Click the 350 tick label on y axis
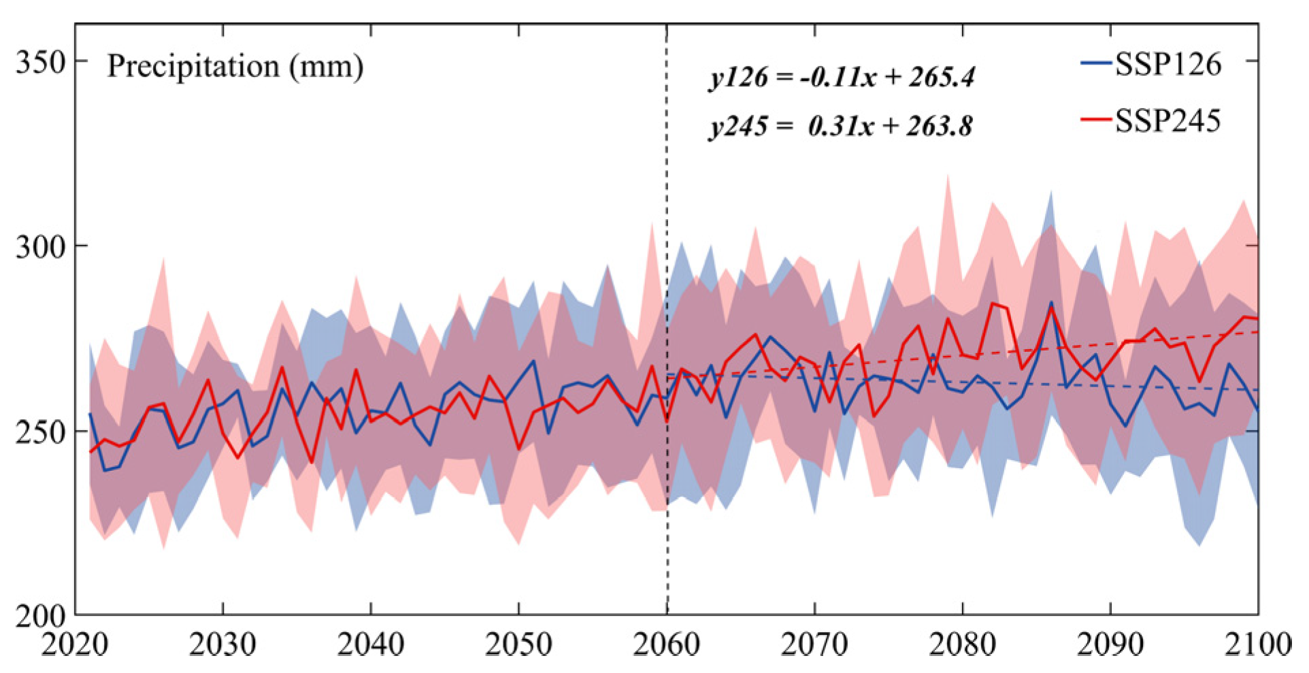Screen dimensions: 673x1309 pos(40,63)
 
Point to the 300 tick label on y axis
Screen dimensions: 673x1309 pos(40,246)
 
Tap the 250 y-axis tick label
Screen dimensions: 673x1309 pos(40,431)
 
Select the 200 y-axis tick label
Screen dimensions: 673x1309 pos(40,617)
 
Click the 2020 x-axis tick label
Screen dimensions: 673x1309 pos(75,644)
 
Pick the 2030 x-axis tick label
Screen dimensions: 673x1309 pos(222,644)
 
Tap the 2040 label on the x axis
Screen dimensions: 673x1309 pos(371,644)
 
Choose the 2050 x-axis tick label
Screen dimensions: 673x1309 pos(518,644)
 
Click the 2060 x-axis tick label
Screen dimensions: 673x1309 pos(667,644)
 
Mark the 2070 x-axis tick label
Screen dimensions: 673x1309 pos(814,644)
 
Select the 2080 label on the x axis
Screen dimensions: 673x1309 pos(963,644)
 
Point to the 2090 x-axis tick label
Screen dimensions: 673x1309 pos(1110,644)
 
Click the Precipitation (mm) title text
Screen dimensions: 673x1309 pos(235,67)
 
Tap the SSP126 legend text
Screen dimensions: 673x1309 pos(1168,64)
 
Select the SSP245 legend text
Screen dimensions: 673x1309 pos(1168,120)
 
